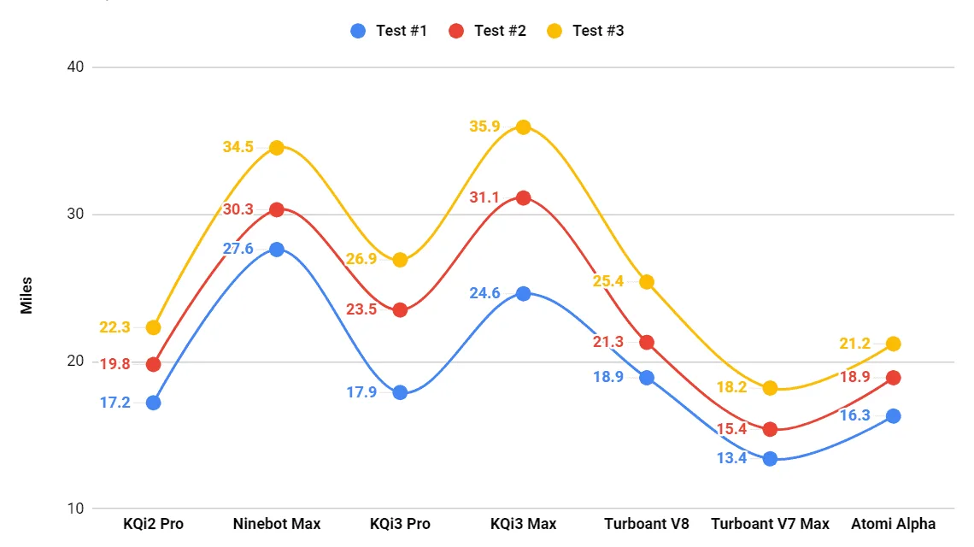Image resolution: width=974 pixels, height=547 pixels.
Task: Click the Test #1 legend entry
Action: point(389,31)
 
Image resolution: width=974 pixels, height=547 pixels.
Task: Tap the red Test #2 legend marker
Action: point(457,31)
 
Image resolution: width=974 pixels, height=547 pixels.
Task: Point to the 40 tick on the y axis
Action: point(75,67)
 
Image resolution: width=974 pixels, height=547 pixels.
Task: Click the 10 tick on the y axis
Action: point(75,509)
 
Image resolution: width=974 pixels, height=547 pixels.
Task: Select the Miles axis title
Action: point(26,295)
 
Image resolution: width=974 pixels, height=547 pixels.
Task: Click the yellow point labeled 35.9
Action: point(523,126)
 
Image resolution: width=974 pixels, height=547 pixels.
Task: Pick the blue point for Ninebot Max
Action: point(277,250)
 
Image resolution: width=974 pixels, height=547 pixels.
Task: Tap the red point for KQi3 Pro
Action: point(400,309)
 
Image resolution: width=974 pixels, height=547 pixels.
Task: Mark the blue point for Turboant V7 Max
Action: point(770,458)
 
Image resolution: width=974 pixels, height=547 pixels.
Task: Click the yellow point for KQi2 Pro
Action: point(153,327)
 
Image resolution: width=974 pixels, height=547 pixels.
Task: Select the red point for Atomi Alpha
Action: point(893,377)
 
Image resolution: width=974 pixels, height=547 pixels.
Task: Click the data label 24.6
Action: point(485,293)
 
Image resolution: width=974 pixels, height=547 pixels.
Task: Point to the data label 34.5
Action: point(238,147)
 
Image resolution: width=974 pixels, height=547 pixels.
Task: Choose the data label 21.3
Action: point(608,342)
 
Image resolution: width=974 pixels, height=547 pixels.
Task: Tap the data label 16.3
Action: point(854,415)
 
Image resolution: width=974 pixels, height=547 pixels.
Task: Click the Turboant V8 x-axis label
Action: point(646,524)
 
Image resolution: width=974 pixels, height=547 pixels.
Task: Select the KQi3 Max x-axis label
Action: point(523,524)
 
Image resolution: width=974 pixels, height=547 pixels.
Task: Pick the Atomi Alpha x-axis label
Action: point(893,524)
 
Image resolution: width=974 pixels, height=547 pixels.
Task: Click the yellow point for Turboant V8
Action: point(647,282)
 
